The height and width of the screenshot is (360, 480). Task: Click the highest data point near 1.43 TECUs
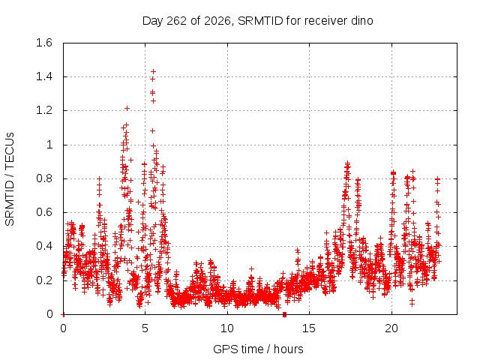coord(153,72)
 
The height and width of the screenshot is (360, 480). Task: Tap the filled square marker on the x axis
coord(285,314)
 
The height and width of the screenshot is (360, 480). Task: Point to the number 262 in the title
coord(176,21)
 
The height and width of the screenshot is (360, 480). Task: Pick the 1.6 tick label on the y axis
coord(44,43)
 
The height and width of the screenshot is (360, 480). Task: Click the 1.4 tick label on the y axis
coord(44,76)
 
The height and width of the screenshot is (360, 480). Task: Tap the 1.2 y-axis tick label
coord(44,110)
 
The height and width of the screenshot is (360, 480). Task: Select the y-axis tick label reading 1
coord(49,145)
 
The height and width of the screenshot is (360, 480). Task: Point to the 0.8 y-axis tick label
coord(44,178)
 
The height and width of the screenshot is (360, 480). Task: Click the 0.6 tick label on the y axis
coord(44,212)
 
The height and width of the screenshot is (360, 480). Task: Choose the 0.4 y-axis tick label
coord(44,247)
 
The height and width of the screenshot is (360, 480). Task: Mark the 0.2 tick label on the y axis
coord(44,280)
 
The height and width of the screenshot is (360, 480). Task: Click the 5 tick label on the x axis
coord(145,328)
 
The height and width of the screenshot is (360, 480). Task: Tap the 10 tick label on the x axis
coord(227,328)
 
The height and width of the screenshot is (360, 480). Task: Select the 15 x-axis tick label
coord(309,328)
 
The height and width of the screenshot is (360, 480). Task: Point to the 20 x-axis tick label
coord(391,328)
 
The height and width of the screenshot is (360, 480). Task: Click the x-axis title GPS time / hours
coord(258,349)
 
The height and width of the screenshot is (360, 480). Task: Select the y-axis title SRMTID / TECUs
coord(10,179)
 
